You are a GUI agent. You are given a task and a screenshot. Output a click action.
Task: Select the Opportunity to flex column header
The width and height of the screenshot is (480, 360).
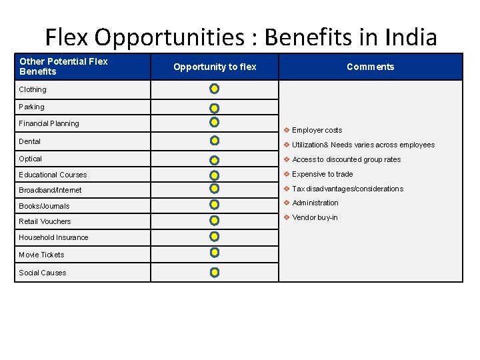[215, 67]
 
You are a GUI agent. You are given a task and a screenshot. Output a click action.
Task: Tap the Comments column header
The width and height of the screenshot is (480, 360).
[370, 67]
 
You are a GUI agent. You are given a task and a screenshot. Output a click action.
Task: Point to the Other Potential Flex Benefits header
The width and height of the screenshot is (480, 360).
[63, 66]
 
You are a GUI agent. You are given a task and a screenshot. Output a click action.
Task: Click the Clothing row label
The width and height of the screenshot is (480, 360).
[33, 89]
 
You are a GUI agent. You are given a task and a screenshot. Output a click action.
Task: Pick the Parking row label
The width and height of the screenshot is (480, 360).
[31, 107]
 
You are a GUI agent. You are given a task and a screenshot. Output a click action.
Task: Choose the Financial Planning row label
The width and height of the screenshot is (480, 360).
[49, 123]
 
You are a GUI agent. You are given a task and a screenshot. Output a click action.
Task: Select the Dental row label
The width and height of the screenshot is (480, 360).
[30, 141]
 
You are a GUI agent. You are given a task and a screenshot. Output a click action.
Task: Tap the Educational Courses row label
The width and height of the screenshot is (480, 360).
[53, 175]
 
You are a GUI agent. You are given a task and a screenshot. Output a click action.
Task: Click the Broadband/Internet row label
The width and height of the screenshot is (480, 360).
[50, 190]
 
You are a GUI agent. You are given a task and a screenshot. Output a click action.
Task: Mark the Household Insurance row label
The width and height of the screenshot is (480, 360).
[53, 237]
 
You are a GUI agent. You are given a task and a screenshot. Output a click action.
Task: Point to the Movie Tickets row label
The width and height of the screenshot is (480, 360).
[41, 255]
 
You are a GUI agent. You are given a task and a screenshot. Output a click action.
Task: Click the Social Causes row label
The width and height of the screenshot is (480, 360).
[43, 273]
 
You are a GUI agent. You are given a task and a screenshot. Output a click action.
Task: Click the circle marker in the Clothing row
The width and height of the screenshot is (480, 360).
[215, 88]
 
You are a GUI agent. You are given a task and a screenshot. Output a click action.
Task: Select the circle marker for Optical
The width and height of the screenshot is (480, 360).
[215, 160]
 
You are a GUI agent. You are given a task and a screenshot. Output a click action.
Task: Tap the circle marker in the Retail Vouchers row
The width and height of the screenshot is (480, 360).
[215, 220]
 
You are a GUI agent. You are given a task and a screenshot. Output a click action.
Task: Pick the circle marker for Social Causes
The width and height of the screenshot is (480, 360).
[215, 272]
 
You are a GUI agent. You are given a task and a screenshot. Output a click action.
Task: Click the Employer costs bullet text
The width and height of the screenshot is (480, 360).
[317, 130]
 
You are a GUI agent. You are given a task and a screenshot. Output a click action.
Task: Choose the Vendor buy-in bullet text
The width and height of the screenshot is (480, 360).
[315, 217]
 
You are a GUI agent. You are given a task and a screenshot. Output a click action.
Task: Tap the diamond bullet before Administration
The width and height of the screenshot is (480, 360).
[286, 203]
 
